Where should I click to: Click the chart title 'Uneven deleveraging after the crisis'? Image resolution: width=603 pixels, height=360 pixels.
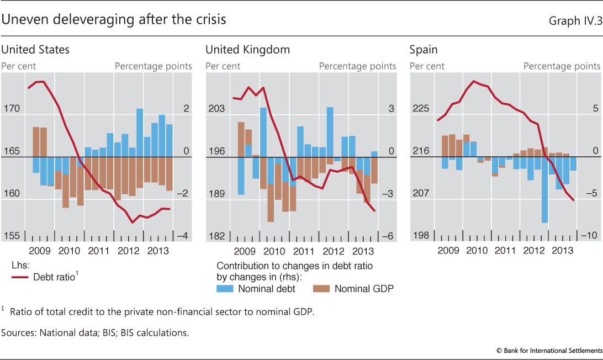pos(114,20)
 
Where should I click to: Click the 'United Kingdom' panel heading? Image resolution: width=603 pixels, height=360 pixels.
pos(247,50)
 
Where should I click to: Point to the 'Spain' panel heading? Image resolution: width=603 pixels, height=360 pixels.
pos(424,50)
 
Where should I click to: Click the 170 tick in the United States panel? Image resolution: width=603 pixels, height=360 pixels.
pos(11,109)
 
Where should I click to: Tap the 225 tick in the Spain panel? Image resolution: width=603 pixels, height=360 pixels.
pos(421,109)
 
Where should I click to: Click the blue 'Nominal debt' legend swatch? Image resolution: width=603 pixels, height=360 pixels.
pos(227,288)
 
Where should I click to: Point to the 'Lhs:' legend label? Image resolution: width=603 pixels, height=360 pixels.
pos(20,266)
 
